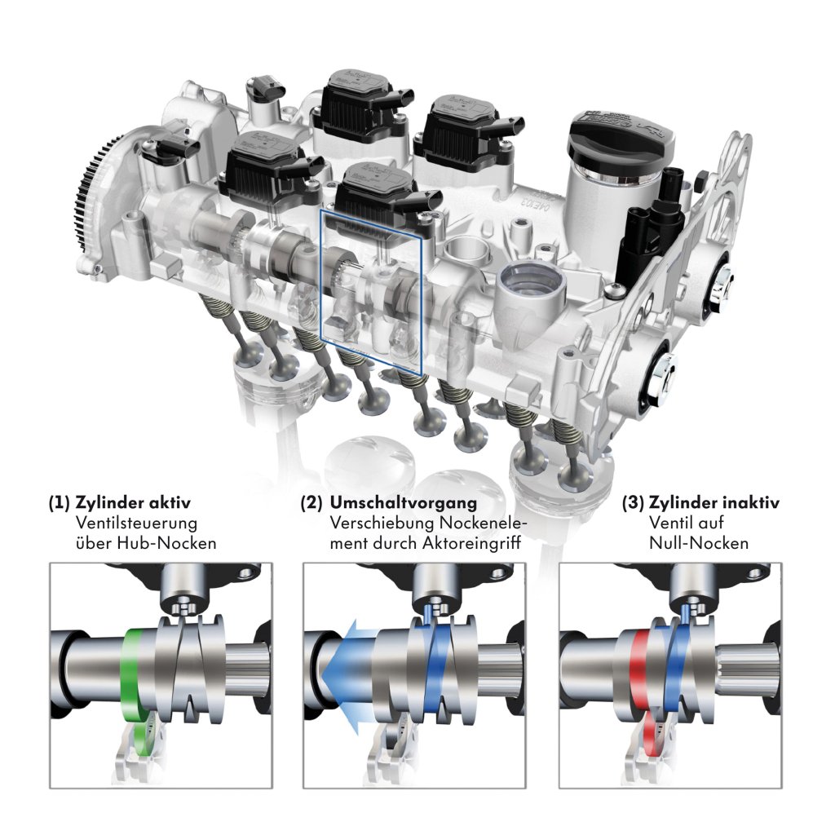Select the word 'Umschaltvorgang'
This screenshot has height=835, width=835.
coord(404,503)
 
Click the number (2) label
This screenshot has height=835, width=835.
coord(311,503)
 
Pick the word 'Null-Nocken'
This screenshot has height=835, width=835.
coord(699,543)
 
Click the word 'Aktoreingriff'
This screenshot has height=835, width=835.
coord(471,544)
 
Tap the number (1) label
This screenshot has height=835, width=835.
coord(59,503)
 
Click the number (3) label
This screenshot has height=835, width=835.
coord(633,503)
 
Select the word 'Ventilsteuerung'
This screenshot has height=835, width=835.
coord(136,523)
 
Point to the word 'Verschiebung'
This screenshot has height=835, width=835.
coord(382,524)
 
